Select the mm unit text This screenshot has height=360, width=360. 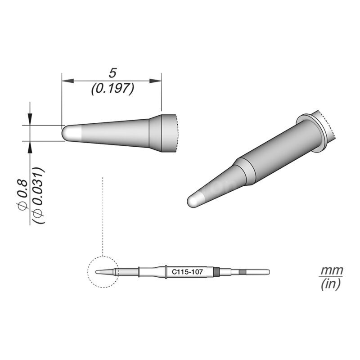(x=331, y=271)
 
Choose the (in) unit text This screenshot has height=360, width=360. (x=331, y=284)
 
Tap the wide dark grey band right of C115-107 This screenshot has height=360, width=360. (x=218, y=272)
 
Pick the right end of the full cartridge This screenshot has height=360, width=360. (x=268, y=272)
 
